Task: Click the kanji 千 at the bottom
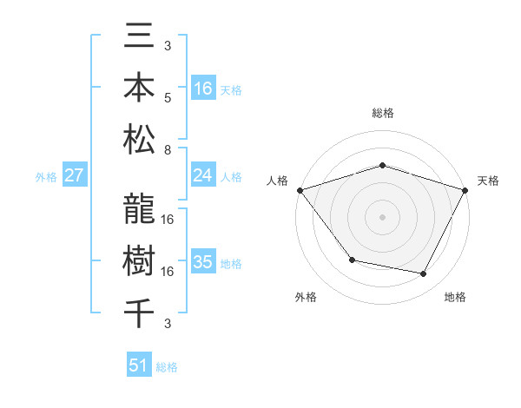pyautogui.click(x=140, y=312)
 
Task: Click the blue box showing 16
pyautogui.click(x=203, y=88)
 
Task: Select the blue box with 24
pyautogui.click(x=203, y=175)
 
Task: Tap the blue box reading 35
pyautogui.click(x=203, y=262)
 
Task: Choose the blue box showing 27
pyautogui.click(x=75, y=175)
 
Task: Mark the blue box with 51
pyautogui.click(x=139, y=365)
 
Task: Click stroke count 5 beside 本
pyautogui.click(x=168, y=97)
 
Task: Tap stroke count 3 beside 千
pyautogui.click(x=168, y=324)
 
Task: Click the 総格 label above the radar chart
pyautogui.click(x=382, y=113)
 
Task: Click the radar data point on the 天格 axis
pyautogui.click(x=465, y=189)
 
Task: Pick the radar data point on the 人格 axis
pyautogui.click(x=300, y=189)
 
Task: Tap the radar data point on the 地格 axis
pyautogui.click(x=424, y=273)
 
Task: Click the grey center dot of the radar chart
pyautogui.click(x=382, y=216)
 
